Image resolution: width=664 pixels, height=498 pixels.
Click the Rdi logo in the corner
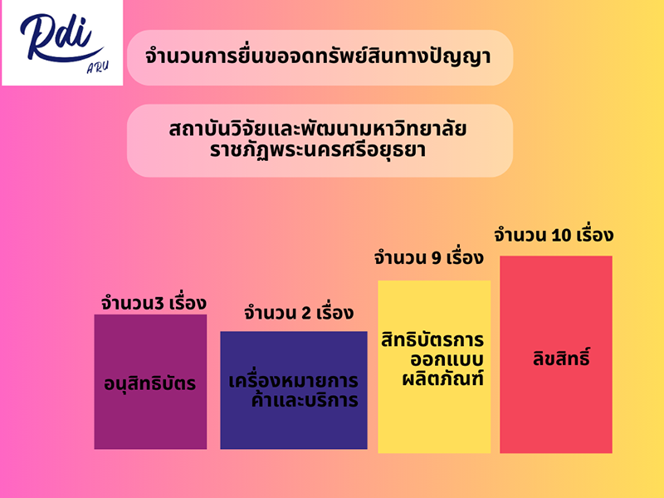click(x=62, y=42)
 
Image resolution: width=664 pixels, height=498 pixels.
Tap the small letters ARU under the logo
click(x=97, y=67)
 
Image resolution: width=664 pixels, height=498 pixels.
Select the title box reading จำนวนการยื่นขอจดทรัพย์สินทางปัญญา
click(x=320, y=57)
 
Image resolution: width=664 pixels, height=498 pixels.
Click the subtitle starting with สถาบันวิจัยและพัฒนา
click(x=320, y=140)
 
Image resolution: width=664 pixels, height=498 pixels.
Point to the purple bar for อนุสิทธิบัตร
click(x=150, y=382)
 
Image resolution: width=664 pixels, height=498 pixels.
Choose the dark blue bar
click(x=294, y=390)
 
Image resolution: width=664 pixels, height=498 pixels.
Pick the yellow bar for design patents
click(x=434, y=367)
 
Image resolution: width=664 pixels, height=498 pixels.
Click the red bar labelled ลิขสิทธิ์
click(x=556, y=354)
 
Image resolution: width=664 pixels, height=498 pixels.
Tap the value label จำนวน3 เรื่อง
click(x=154, y=303)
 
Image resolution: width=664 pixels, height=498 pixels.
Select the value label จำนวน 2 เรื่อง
click(x=299, y=313)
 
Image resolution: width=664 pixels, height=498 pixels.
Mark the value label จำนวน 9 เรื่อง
click(x=428, y=257)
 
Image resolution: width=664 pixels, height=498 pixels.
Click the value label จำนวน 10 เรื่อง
click(x=554, y=235)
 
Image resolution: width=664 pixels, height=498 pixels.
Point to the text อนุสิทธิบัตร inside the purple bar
click(x=150, y=383)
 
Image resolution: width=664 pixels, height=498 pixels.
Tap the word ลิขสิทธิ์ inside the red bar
click(x=561, y=357)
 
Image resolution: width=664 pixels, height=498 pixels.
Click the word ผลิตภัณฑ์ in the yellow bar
click(x=443, y=378)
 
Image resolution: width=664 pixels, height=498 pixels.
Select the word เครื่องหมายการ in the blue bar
click(x=294, y=380)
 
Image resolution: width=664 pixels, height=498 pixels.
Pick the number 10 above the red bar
click(x=562, y=236)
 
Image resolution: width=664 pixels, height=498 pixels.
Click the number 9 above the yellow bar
click(x=437, y=258)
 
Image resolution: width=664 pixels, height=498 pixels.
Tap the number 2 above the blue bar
click(x=306, y=314)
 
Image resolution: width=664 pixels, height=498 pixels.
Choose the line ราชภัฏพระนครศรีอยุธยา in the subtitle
click(x=318, y=151)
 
